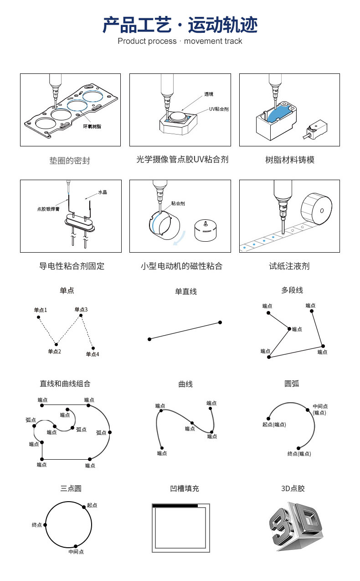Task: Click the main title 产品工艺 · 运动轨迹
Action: pos(180,25)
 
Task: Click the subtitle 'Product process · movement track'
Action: pos(180,41)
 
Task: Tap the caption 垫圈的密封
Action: pos(70,161)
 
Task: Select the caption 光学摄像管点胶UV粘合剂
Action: pos(182,160)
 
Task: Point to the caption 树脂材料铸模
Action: pos(290,160)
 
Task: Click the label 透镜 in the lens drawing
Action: pos(209,94)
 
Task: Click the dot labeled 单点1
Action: pos(38,317)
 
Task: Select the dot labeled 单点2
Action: pos(56,344)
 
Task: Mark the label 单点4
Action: pos(93,354)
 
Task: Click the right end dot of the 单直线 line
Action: pos(220,322)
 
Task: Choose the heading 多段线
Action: pos(292,290)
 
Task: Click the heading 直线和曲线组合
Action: pos(65,384)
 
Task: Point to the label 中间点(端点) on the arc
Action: pos(320,409)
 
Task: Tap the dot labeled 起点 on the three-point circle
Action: pos(84,506)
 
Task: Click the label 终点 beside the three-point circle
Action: pos(37,525)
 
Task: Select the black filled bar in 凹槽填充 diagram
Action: pos(175,506)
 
